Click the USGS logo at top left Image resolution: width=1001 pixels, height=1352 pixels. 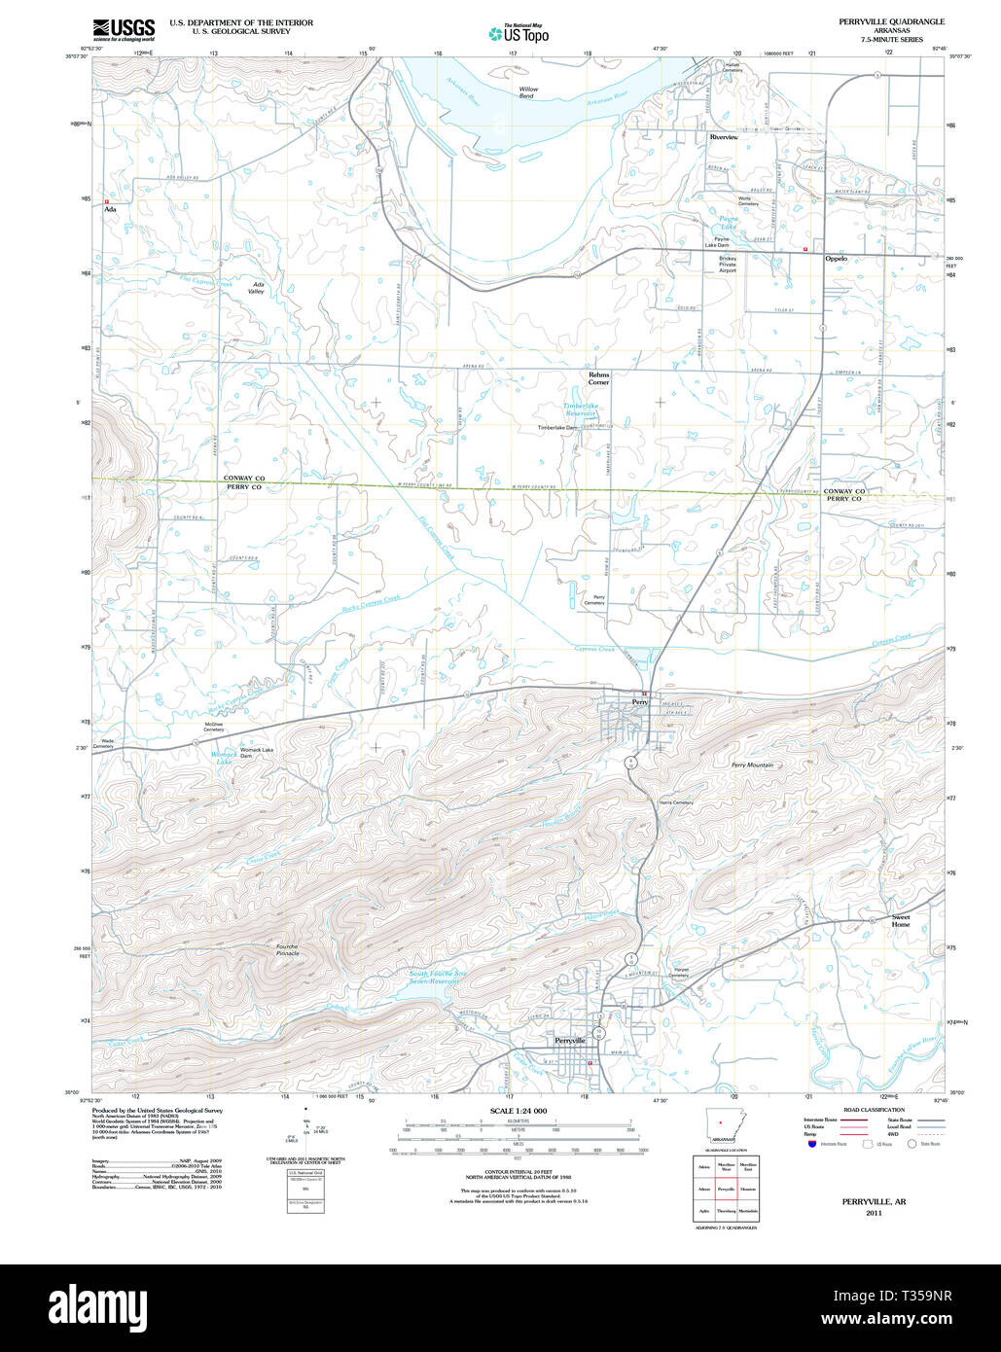click(x=124, y=30)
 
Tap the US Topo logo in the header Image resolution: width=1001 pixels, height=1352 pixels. click(x=518, y=34)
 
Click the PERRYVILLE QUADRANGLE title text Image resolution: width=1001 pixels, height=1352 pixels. click(x=891, y=21)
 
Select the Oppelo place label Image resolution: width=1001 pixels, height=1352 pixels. click(x=836, y=259)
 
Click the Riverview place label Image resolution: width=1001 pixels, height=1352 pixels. click(x=724, y=138)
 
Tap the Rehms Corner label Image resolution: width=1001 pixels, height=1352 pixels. click(x=598, y=378)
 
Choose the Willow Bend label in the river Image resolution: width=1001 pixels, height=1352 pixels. click(x=527, y=92)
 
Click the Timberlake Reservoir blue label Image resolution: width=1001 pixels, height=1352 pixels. click(x=586, y=409)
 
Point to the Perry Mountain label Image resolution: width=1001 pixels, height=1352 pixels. click(x=752, y=765)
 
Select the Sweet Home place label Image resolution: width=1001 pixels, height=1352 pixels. click(x=901, y=920)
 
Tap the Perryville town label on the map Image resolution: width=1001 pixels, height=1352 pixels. click(x=569, y=1040)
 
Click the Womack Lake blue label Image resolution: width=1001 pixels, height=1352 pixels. click(x=224, y=758)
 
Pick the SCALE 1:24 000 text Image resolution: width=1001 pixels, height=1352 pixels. click(x=518, y=1111)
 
